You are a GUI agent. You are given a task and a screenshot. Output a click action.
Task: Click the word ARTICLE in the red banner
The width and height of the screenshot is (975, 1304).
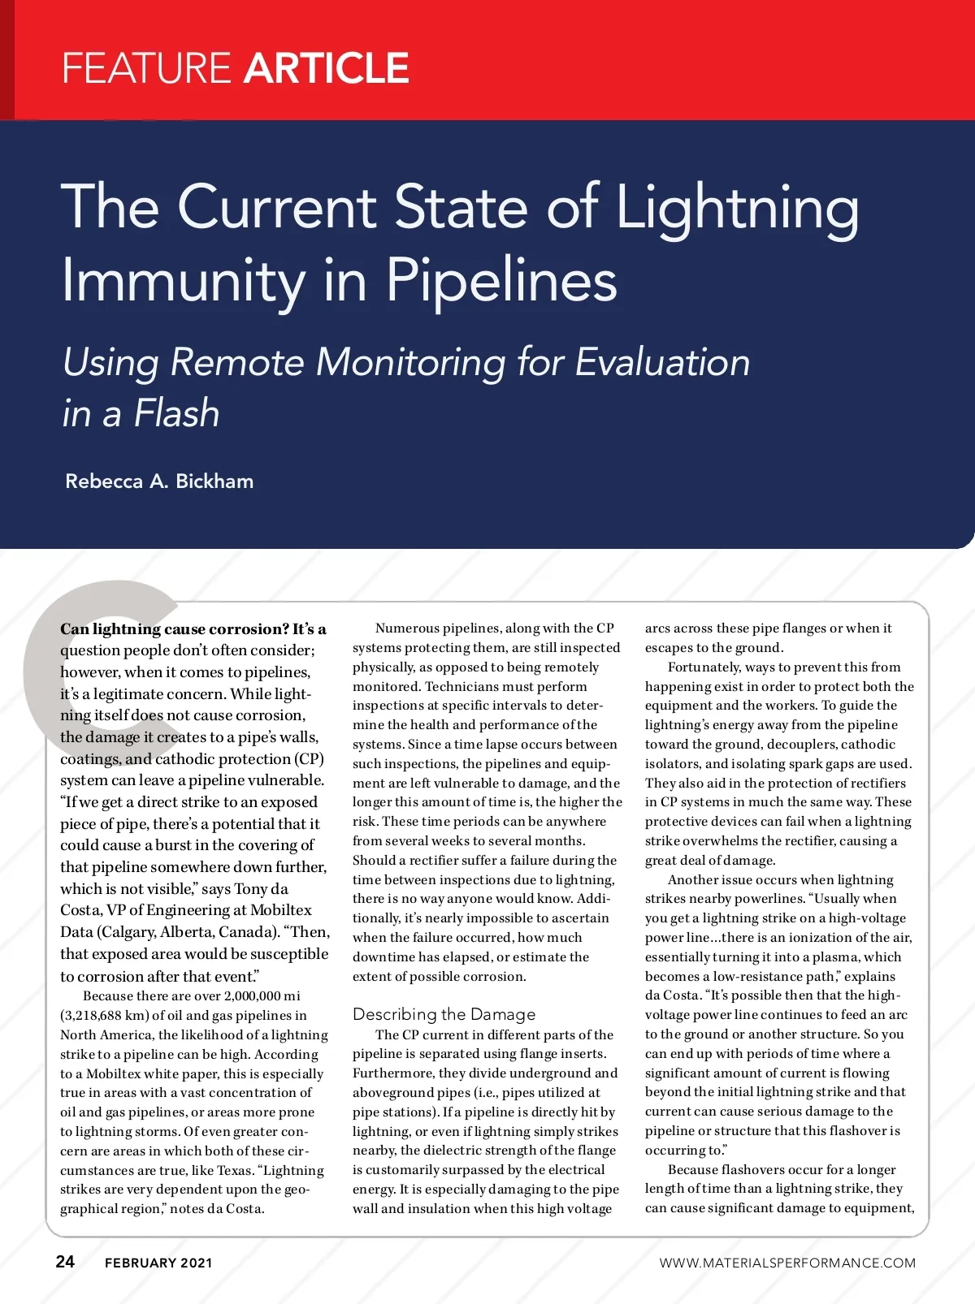pyautogui.click(x=326, y=68)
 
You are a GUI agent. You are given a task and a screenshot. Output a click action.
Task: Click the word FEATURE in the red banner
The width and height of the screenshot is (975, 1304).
pyautogui.click(x=146, y=68)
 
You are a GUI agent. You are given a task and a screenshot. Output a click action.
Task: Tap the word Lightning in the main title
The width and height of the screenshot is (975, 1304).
pyautogui.click(x=737, y=209)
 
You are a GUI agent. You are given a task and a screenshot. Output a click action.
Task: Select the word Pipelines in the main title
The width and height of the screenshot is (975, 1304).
pyautogui.click(x=501, y=280)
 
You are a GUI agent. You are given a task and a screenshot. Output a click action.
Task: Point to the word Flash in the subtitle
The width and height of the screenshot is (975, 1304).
pyautogui.click(x=177, y=413)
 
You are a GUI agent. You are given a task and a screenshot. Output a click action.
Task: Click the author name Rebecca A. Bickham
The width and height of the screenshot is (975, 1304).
pyautogui.click(x=159, y=481)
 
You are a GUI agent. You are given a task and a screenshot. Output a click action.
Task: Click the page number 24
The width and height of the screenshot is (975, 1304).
pyautogui.click(x=65, y=1261)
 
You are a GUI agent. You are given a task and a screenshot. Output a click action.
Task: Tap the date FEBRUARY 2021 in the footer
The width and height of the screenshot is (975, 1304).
pyautogui.click(x=158, y=1263)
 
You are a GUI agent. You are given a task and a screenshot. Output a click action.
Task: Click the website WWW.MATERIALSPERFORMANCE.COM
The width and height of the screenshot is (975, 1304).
pyautogui.click(x=787, y=1263)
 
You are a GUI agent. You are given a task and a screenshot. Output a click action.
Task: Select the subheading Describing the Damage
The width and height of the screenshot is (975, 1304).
pyautogui.click(x=444, y=1014)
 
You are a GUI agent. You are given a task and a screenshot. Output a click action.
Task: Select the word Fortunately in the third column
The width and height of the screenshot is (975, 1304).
pyautogui.click(x=704, y=667)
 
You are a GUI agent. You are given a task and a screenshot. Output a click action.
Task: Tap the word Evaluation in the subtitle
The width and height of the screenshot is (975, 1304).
pyautogui.click(x=662, y=362)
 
